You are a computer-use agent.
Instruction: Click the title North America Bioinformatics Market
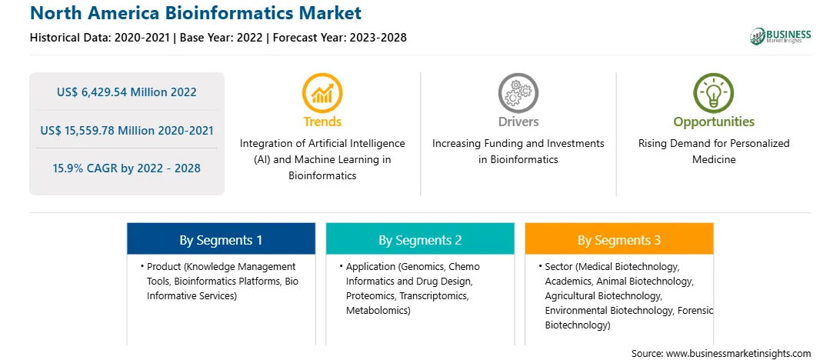195,12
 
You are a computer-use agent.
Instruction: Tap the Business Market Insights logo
780,36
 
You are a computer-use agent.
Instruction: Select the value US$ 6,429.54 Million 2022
126,92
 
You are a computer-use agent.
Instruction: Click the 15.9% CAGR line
126,168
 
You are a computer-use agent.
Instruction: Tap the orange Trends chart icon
322,93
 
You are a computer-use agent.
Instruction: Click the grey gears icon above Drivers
518,93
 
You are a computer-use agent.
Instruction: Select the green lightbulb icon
714,93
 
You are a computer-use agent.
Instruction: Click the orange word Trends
322,122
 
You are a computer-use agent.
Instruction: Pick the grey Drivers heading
518,122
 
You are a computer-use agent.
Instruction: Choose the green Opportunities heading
714,122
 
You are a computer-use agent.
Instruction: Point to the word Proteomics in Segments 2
368,295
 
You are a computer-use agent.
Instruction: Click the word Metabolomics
377,310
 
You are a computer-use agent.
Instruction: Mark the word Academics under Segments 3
568,282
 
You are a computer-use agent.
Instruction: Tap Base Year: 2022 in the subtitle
222,38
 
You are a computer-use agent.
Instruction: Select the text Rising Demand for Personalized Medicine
714,152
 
